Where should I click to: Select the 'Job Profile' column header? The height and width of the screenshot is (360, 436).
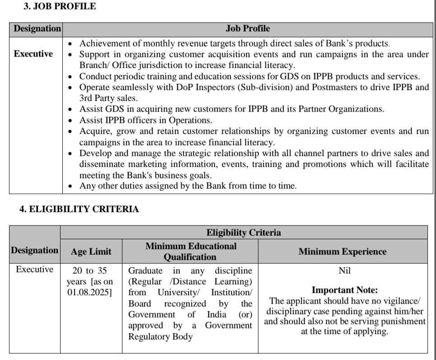coord(248,28)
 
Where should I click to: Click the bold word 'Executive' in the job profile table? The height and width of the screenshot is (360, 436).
coord(33,54)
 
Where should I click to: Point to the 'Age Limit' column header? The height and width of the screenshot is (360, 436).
coord(91,252)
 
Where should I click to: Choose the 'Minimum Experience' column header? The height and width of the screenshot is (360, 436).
coord(342,252)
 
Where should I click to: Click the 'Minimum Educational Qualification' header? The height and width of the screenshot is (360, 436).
coord(190,252)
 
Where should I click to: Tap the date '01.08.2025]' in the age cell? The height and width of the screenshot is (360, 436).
coord(90,292)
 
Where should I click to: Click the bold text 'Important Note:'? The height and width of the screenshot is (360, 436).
coord(345,290)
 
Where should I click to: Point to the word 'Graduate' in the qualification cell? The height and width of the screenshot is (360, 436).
coord(145,271)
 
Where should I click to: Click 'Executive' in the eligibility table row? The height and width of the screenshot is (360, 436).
coord(34,270)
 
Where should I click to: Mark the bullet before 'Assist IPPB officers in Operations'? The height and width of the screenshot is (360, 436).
coord(70,121)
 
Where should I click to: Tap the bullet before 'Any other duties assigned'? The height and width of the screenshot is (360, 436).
coord(70,186)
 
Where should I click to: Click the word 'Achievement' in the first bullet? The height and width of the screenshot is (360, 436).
coord(104,43)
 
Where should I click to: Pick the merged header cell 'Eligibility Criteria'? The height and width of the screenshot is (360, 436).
coord(244,233)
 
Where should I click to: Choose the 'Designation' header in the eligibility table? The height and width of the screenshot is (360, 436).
coord(35,250)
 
